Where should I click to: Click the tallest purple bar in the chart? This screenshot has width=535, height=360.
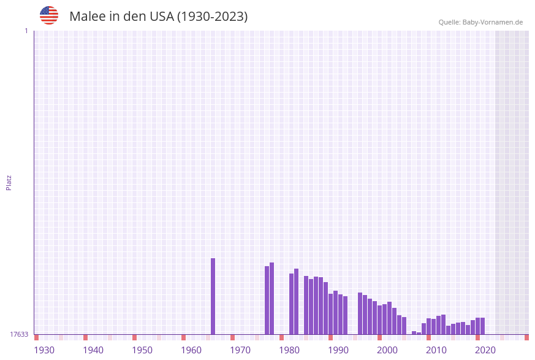[213, 296]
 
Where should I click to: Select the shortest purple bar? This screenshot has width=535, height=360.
[419, 333]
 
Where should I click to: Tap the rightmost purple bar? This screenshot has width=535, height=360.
[483, 326]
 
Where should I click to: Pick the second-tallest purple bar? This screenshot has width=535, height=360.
[272, 298]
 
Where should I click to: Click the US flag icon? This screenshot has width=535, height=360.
[49, 15]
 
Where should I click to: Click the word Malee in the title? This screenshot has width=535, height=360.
[85, 17]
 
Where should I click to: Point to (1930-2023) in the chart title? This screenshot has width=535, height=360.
[212, 17]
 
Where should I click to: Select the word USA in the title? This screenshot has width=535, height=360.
[161, 17]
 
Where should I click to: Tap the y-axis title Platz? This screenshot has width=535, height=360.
[9, 182]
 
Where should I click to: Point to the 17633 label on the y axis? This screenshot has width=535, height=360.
[19, 334]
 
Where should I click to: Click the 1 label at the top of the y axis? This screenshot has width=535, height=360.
[26, 31]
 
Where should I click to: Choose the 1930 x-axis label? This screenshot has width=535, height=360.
[44, 350]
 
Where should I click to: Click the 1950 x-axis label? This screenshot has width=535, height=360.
[142, 350]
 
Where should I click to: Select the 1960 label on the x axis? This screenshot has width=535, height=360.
[191, 350]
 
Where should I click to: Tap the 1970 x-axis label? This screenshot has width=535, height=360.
[240, 350]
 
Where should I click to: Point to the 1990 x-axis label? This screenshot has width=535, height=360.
[338, 350]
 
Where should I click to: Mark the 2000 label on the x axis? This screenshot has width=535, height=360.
[387, 350]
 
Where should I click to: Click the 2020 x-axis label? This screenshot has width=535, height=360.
[485, 350]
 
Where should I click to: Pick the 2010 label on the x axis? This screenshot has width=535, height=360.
[436, 350]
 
